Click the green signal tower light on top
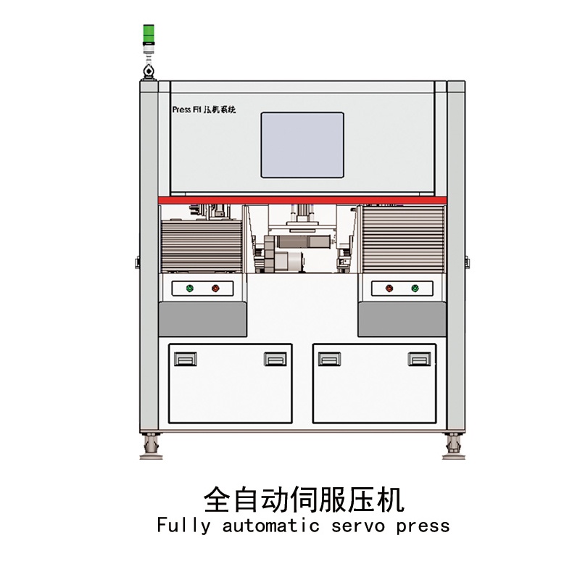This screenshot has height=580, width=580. [148, 33]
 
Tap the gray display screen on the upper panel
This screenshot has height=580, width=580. [302, 144]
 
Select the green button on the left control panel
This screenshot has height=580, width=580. [190, 289]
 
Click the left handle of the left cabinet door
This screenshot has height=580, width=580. [186, 359]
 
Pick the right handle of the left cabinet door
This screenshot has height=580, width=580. [275, 359]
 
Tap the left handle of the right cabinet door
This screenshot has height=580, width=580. [330, 359]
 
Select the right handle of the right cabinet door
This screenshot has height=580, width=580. [418, 359]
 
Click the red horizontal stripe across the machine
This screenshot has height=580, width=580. [302, 199]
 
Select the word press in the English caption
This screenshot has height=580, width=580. [423, 526]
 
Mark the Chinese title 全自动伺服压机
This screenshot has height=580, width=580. [303, 500]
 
